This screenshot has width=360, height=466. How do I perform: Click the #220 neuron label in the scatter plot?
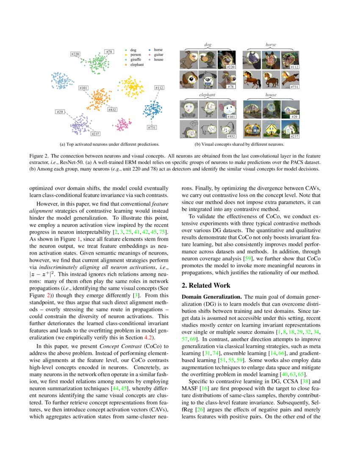(x=75, y=55)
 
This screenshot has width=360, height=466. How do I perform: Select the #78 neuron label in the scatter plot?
(x=109, y=52)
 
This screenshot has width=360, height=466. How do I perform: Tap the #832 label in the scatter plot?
(x=112, y=110)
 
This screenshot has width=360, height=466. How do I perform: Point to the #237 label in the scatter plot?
(x=96, y=134)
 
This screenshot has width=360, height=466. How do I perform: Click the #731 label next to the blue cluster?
(x=152, y=128)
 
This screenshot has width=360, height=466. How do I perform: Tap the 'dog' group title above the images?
(x=208, y=44)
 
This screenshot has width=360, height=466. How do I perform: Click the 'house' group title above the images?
(x=271, y=95)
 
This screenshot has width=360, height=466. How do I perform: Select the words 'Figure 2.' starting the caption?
(x=39, y=155)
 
